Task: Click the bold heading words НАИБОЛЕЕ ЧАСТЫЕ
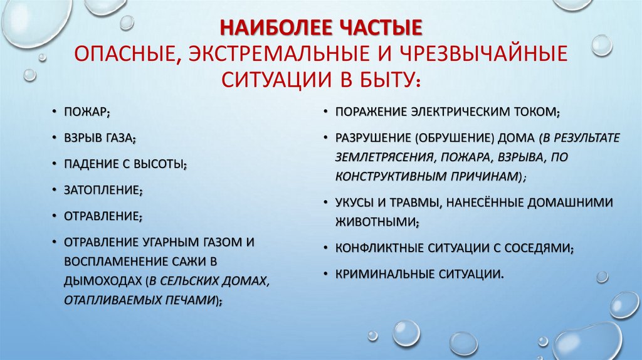click(x=320, y=29)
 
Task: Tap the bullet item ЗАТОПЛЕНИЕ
click(x=103, y=190)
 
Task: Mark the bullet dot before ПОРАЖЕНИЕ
click(x=327, y=113)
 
